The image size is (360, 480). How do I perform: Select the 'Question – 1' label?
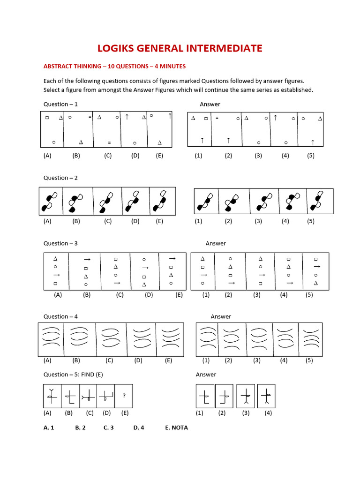pyautogui.click(x=60, y=104)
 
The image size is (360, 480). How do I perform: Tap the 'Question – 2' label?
pyautogui.click(x=60, y=178)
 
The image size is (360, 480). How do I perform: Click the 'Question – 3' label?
pyautogui.click(x=60, y=243)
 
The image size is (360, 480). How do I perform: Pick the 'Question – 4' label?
pyautogui.click(x=60, y=316)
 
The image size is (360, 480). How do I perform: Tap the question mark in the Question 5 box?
pyautogui.click(x=124, y=395)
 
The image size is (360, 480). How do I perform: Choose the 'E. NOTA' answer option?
pyautogui.click(x=176, y=427)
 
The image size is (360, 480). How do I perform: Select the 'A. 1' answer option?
pyautogui.click(x=49, y=427)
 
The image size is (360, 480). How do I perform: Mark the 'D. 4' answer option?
pyautogui.click(x=138, y=427)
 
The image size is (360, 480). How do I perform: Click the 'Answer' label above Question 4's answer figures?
pyautogui.click(x=221, y=316)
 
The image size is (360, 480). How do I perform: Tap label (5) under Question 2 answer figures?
pyautogui.click(x=310, y=221)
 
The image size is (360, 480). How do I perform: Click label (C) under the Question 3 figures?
pyautogui.click(x=120, y=295)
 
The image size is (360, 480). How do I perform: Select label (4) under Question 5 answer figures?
pyautogui.click(x=268, y=413)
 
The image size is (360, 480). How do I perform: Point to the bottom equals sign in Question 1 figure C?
pyautogui.click(x=109, y=142)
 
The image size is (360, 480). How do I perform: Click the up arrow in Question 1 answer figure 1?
pyautogui.click(x=202, y=140)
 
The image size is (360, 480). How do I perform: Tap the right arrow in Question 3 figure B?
pyautogui.click(x=87, y=258)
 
